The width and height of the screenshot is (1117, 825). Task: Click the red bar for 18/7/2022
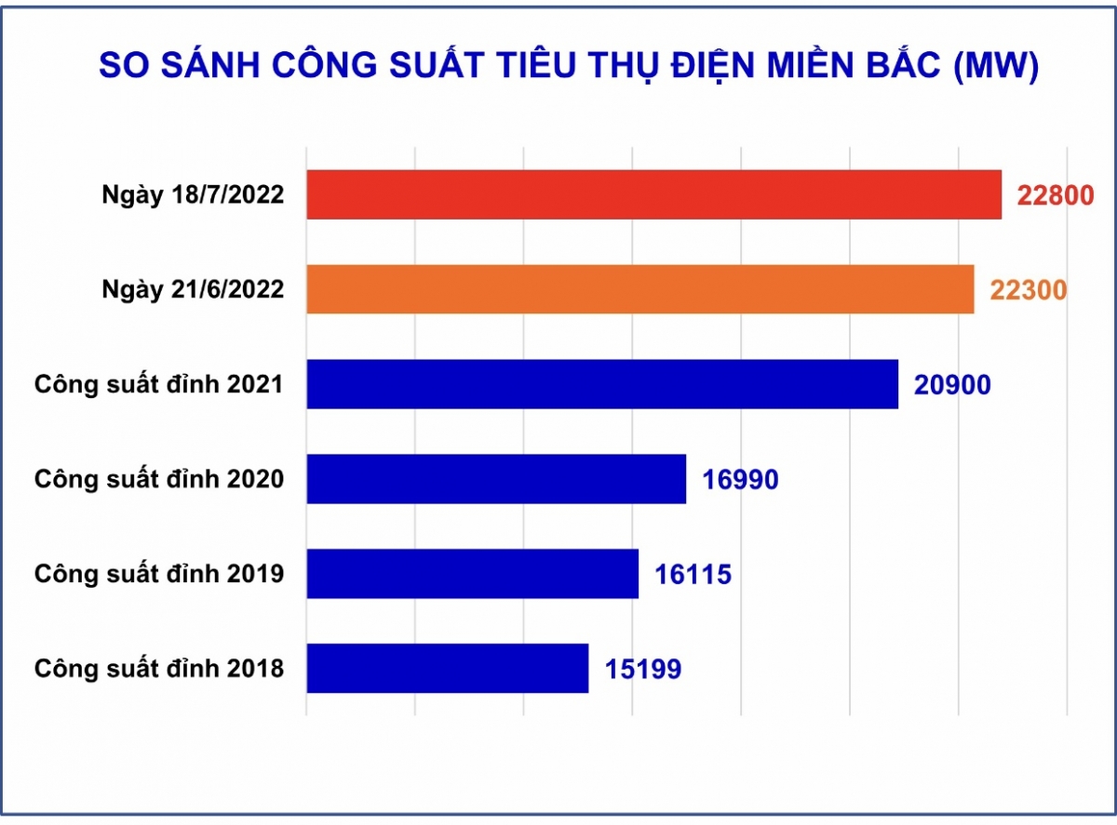(653, 194)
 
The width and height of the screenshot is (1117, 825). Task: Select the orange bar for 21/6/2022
(640, 289)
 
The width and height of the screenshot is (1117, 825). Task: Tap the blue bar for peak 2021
(602, 383)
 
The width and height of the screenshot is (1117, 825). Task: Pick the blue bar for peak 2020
(496, 479)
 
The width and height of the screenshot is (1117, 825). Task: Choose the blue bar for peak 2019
(472, 573)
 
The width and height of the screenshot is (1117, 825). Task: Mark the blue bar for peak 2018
(447, 668)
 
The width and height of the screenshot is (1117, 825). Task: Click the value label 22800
(1056, 195)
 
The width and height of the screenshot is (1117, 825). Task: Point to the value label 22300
(1029, 290)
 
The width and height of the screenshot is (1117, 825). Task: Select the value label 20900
(952, 384)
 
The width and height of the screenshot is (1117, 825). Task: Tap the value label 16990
(740, 479)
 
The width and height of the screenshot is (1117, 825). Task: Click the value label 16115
(693, 574)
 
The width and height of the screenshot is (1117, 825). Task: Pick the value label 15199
(643, 669)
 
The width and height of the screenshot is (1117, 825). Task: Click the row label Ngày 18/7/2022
(193, 195)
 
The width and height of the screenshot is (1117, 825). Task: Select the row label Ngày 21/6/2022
(193, 290)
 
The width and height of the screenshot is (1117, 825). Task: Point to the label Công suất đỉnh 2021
(159, 384)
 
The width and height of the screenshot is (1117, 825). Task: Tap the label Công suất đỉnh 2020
(159, 479)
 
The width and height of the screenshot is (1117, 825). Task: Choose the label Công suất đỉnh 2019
(159, 574)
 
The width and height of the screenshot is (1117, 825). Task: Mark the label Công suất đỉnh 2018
(159, 669)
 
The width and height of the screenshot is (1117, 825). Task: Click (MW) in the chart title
(996, 65)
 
